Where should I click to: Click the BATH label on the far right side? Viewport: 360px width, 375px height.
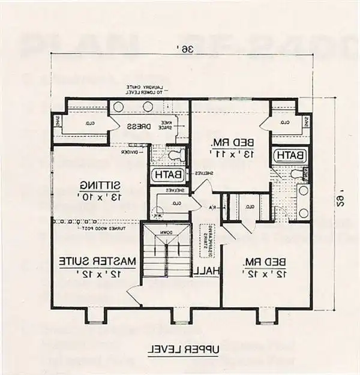pos(290,155)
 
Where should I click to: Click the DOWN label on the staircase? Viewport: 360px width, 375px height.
pos(166,232)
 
